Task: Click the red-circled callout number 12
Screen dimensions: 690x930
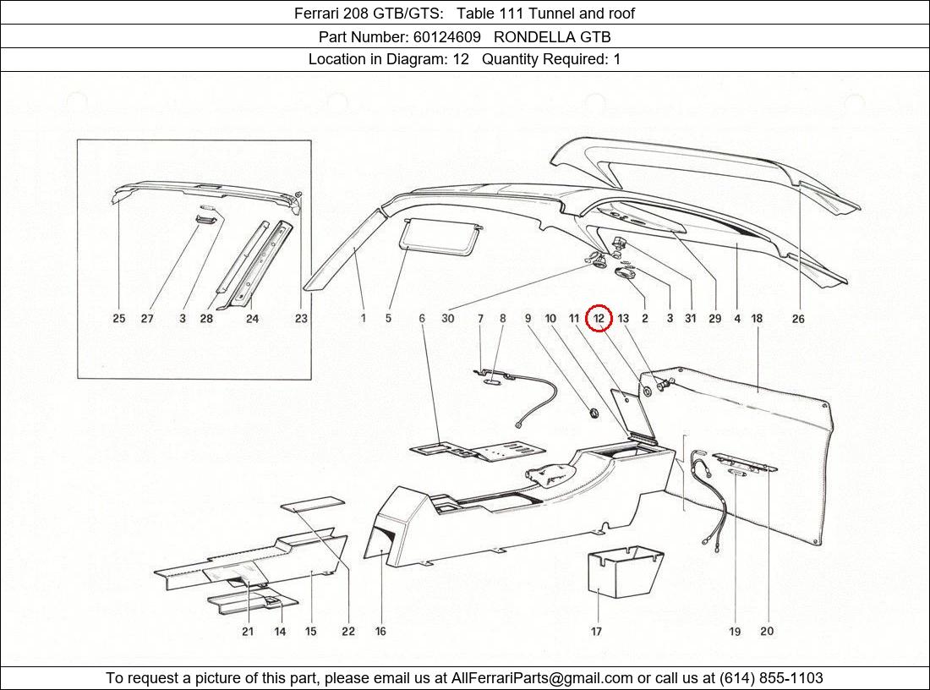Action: [599, 318]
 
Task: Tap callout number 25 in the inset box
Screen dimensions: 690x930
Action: [118, 319]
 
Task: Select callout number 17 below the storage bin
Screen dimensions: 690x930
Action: [596, 631]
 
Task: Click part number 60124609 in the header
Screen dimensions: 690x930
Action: [448, 36]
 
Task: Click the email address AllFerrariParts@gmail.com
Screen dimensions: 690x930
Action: [542, 678]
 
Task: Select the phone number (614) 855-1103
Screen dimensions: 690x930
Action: [771, 678]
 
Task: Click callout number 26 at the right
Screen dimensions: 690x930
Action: [797, 319]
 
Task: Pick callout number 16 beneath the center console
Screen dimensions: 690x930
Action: [380, 631]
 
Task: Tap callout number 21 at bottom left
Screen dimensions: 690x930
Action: [248, 631]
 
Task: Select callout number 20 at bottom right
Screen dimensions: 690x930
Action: [767, 631]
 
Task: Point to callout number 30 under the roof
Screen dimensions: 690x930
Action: [447, 319]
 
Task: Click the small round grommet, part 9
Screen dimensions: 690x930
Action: [593, 412]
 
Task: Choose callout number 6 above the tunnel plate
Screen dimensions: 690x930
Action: [421, 319]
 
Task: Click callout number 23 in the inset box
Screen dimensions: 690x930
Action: [301, 319]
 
